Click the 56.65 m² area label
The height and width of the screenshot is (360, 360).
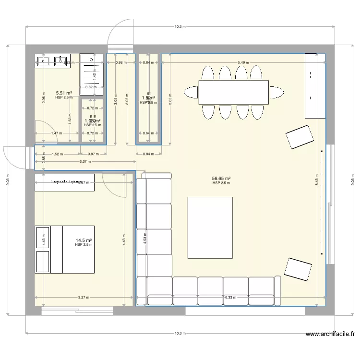tap(221, 178)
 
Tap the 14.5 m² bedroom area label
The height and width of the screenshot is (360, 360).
tap(84, 240)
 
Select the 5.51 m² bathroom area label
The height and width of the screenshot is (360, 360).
tap(64, 93)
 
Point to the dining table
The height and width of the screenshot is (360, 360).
tap(233, 92)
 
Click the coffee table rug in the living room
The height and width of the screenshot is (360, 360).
tap(210, 228)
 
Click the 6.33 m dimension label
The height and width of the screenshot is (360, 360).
tap(231, 297)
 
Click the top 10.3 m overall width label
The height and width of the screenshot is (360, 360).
tap(180, 27)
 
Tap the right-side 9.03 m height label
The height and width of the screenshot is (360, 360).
tap(352, 180)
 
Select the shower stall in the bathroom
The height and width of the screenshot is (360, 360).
tap(91, 74)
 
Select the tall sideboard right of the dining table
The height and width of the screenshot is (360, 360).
tap(311, 85)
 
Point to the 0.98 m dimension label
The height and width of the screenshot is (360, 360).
tap(121, 62)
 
